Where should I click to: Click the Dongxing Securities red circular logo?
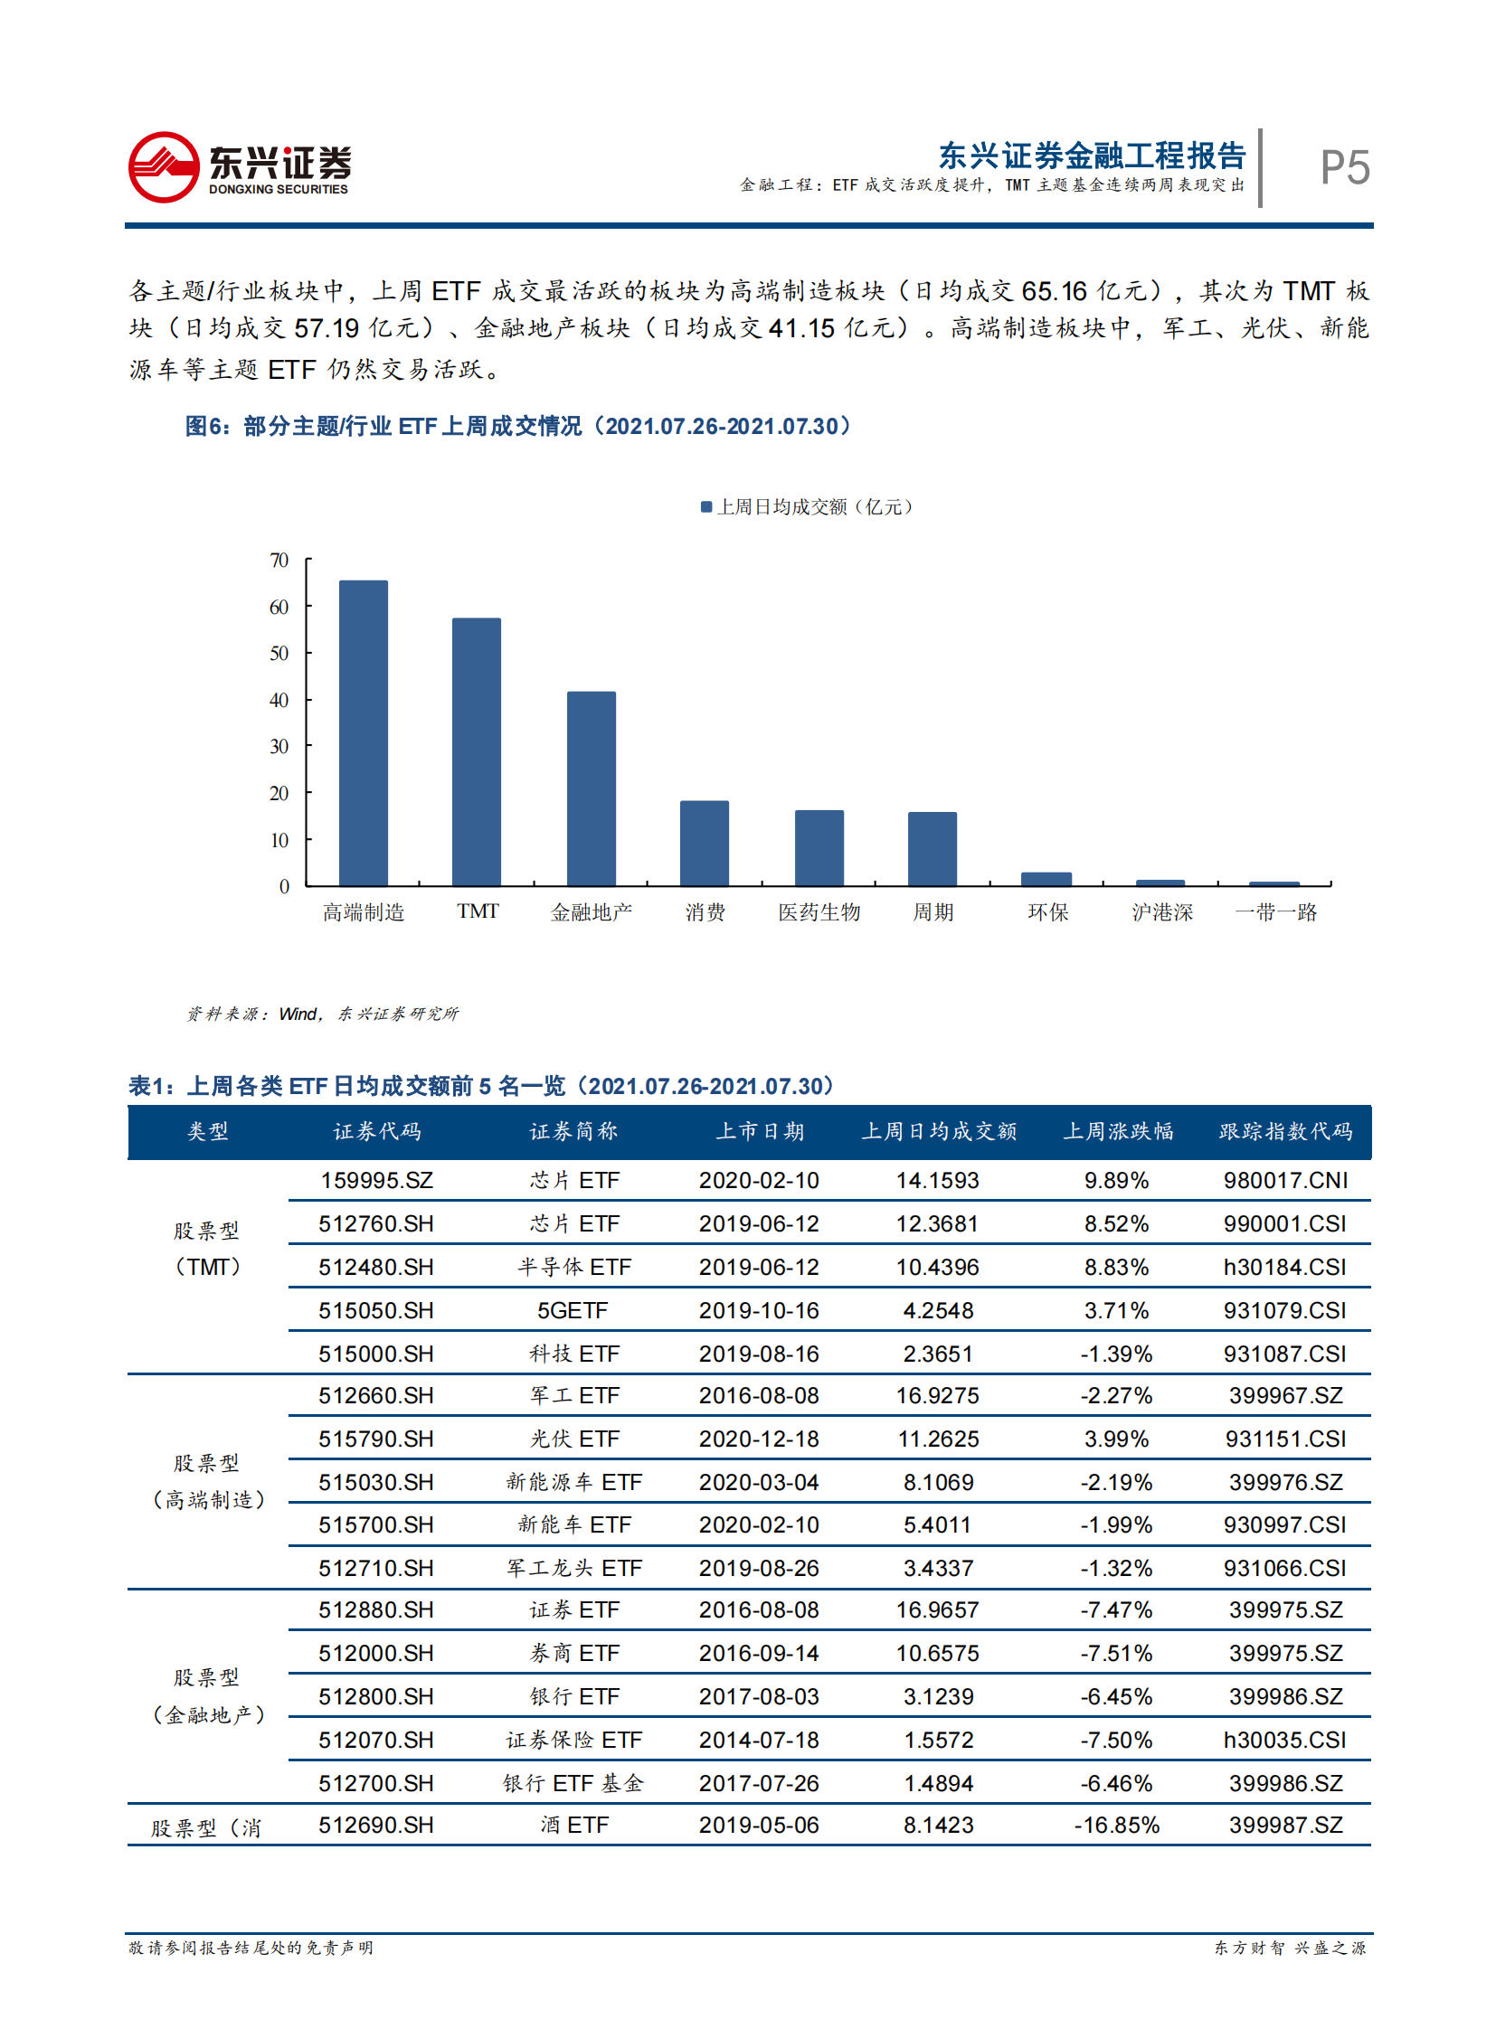point(163,167)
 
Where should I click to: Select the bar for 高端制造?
point(363,732)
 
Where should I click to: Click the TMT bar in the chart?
point(477,751)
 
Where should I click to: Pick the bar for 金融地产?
point(592,788)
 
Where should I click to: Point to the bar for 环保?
point(1046,878)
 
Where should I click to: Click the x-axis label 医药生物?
point(819,911)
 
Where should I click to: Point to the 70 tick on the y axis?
point(279,561)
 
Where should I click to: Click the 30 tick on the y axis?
point(279,746)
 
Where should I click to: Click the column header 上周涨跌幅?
point(1117,1131)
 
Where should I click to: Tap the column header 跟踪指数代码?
point(1285,1131)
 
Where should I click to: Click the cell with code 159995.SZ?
point(377,1180)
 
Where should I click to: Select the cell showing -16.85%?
point(1116,1825)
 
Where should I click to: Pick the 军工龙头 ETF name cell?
point(574,1567)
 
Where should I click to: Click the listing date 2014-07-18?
point(759,1740)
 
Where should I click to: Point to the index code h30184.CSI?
point(1284,1267)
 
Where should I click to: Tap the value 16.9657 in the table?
point(937,1609)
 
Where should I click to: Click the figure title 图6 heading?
point(518,426)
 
